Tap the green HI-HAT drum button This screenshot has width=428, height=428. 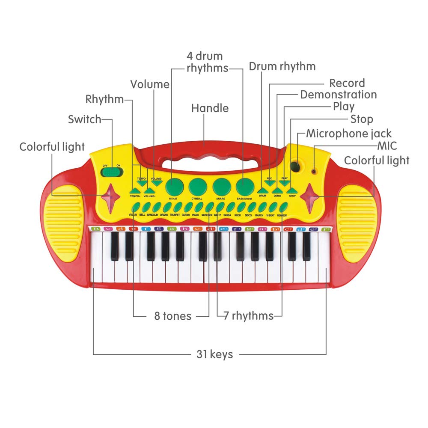173,185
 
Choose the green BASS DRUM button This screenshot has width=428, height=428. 245,185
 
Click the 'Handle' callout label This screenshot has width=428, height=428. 210,108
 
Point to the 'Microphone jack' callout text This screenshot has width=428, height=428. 348,134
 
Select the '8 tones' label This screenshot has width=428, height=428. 173,316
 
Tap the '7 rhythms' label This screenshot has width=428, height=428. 248,316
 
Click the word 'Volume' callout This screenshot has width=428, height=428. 150,84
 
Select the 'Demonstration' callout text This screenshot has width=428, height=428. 338,95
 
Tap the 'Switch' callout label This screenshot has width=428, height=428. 85,119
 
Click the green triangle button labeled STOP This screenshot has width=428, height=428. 291,190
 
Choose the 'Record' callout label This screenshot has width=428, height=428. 347,83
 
